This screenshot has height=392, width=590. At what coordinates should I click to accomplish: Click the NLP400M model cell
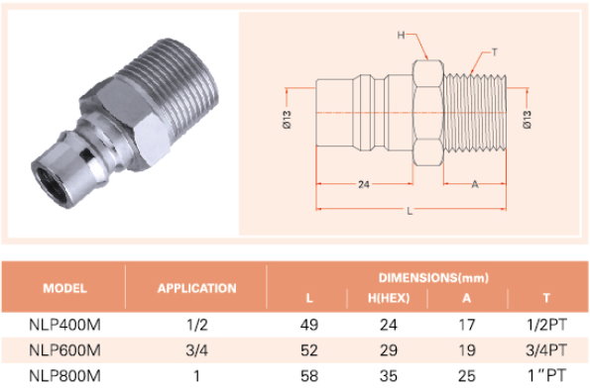(x=64, y=325)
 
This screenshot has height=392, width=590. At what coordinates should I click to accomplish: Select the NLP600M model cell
(x=64, y=350)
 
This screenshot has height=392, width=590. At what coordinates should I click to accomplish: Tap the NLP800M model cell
(x=64, y=376)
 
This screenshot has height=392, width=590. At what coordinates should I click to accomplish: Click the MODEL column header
(x=64, y=288)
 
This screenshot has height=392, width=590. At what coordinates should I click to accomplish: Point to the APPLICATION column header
(x=196, y=288)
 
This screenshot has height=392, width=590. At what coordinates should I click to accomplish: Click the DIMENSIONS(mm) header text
(x=433, y=278)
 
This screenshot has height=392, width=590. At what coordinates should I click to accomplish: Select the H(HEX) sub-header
(x=389, y=298)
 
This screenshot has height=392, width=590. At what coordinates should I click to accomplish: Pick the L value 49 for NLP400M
(x=309, y=325)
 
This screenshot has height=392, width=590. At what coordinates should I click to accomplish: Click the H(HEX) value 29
(x=389, y=350)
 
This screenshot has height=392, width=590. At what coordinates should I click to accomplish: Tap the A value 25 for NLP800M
(x=467, y=376)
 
